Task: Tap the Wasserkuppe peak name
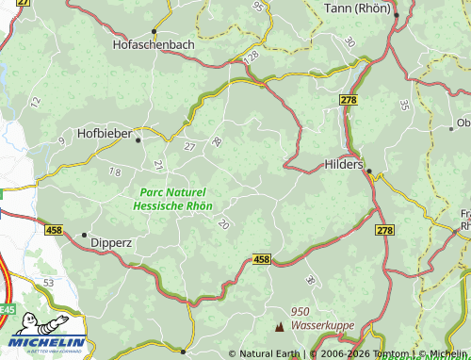[x=324, y=324]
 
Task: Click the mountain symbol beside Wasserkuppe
[x=279, y=327]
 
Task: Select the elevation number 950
[x=300, y=312]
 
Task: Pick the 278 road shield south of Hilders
[x=384, y=231]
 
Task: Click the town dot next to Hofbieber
[x=138, y=139]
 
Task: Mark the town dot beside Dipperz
[x=84, y=235]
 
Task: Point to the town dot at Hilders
[x=369, y=171]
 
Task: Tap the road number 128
[x=250, y=57]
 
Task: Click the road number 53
[x=49, y=283]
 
